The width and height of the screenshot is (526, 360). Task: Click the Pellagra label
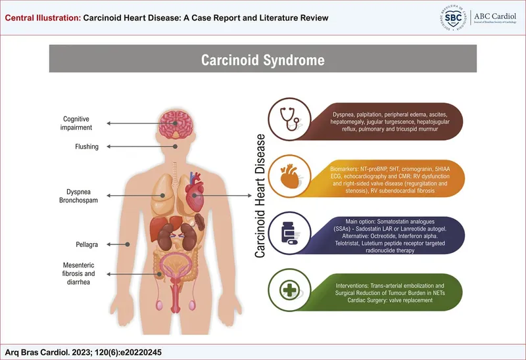[87, 244]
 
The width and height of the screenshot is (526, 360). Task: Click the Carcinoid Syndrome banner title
[262, 60]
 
